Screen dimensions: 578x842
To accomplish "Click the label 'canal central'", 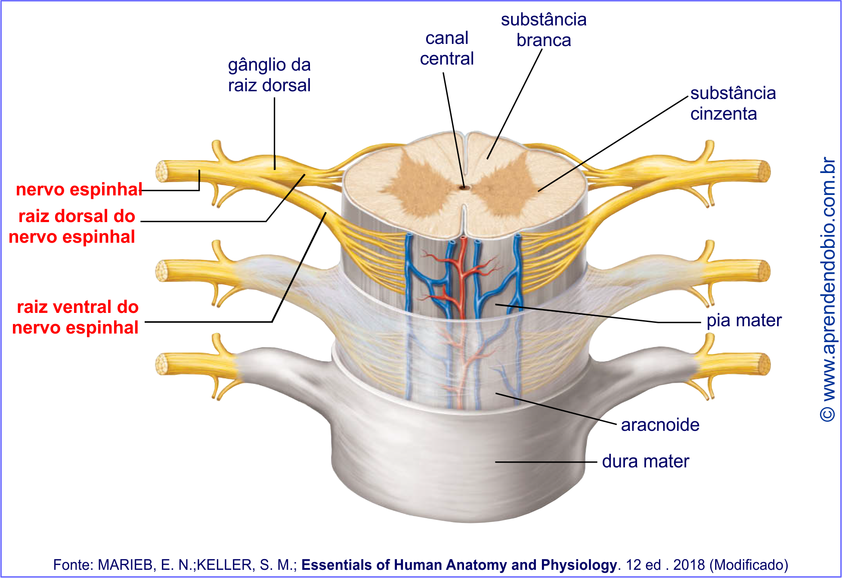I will pos(447,49).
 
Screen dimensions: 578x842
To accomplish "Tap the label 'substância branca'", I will pos(544,30).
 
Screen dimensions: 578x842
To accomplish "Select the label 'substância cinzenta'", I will pos(733,103).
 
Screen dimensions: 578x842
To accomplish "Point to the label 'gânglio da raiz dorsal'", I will pos(269,75).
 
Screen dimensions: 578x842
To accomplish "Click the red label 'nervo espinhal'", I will pos(79,189).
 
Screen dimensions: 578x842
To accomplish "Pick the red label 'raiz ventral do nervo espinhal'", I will pos(76,317).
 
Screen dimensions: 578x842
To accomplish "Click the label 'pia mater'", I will pos(744,320).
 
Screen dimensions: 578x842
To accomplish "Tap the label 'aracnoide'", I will pos(660,425).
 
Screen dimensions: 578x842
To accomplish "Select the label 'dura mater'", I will pos(645,461).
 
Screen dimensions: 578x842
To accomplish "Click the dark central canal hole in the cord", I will pos(464,188).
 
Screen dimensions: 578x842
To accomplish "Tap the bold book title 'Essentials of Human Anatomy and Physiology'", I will pos(459,565).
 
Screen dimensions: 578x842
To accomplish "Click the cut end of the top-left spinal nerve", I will pos(162,171).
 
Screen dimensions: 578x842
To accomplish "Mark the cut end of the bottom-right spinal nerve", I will pos(765,365).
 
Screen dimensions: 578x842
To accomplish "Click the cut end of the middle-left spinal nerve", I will pos(162,271).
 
